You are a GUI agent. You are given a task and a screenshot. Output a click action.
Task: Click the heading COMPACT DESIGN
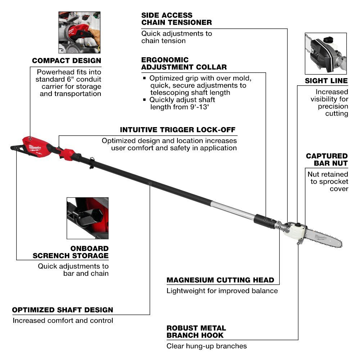[67, 61]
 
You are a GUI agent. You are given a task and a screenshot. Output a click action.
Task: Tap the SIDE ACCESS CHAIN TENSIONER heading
[176, 19]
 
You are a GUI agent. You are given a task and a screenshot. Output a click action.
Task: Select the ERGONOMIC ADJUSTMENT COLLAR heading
[184, 63]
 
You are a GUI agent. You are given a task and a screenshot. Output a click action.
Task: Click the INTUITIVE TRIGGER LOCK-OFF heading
[178, 130]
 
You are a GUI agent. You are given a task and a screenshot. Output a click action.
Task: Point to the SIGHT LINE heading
[326, 81]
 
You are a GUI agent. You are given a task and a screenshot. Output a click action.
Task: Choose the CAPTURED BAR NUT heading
[327, 159]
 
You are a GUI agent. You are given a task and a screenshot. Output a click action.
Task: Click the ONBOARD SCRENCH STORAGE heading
[71, 252]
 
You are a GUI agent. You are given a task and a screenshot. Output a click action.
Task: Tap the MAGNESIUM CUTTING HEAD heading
[220, 280]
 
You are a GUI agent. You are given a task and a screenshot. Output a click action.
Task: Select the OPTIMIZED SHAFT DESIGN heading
[63, 310]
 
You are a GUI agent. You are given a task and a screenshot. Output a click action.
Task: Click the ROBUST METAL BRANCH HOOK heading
[196, 332]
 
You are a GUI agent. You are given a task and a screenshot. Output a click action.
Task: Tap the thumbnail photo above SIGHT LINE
[325, 53]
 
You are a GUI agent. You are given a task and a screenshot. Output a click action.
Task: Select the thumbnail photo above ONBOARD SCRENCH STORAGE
[87, 218]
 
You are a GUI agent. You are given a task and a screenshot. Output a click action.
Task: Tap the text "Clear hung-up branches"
[207, 346]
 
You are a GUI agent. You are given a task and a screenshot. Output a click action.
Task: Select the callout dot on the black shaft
[150, 183]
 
